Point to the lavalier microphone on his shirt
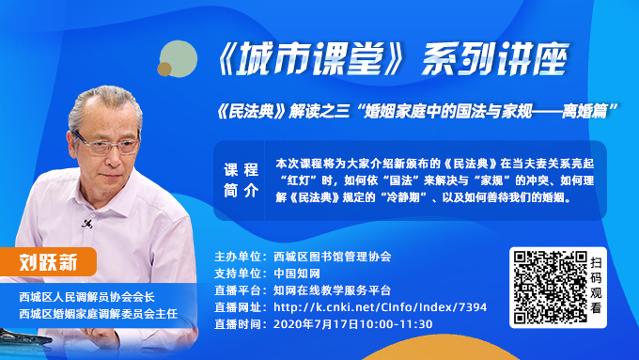86,224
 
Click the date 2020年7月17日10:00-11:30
352,324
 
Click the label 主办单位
238,256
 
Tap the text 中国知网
296,273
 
